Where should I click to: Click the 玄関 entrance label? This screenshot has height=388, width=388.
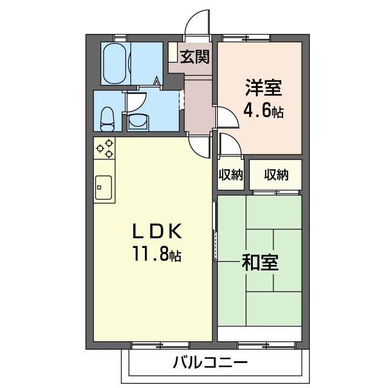195,58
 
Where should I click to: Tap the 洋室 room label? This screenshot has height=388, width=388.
263,89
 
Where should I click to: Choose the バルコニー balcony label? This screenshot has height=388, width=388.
210,364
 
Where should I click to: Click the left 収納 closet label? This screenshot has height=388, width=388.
230,175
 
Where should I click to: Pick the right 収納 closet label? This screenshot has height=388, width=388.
276,175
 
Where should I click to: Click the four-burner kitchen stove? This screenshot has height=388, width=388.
105,149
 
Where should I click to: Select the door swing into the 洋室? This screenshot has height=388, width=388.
222,115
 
